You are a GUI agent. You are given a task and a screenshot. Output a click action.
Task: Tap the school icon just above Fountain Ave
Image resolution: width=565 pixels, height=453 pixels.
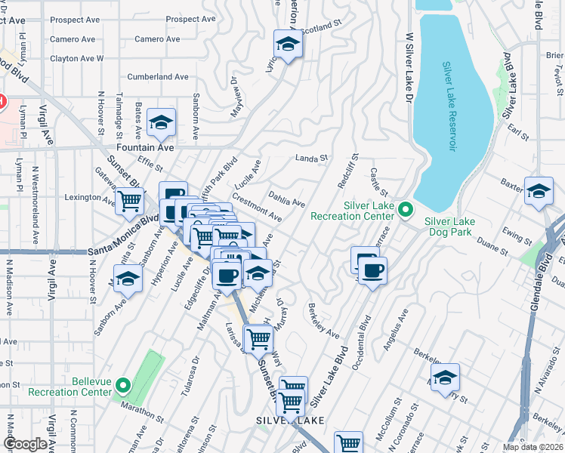[x=160, y=123]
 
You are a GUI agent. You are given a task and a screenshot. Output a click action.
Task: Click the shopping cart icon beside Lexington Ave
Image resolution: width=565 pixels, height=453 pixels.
[x=130, y=201]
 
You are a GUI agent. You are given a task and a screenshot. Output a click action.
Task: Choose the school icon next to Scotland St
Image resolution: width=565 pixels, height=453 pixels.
[x=287, y=45]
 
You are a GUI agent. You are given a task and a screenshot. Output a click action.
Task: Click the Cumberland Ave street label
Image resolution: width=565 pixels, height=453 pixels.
[x=157, y=77]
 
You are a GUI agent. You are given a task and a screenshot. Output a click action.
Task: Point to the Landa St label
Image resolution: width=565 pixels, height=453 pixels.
[x=310, y=159]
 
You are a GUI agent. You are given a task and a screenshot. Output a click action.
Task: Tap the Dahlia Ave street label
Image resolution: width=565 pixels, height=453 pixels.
[x=286, y=198]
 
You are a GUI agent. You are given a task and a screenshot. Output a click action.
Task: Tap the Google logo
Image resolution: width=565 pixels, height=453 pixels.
[x=25, y=444]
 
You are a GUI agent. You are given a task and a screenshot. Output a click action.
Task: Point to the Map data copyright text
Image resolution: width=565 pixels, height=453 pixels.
[x=533, y=447]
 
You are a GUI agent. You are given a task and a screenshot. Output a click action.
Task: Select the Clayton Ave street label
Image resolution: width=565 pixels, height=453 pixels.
[x=77, y=58]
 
